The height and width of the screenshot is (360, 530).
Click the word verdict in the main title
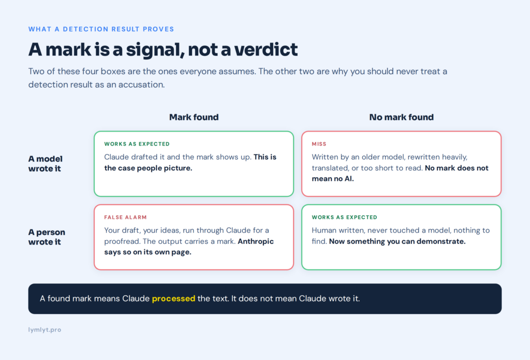point(266,49)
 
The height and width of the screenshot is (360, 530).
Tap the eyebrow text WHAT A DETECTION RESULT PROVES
point(101,29)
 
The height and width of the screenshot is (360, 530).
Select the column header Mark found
point(194,117)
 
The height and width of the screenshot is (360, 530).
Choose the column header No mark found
point(401,117)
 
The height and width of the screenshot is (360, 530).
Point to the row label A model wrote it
point(46,164)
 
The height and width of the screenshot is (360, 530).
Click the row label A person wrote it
point(47,237)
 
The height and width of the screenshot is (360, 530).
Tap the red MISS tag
point(319,144)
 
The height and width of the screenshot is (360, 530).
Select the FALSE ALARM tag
point(125,217)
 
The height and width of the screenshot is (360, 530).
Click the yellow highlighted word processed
point(173,298)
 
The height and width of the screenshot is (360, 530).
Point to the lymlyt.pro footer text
point(45,329)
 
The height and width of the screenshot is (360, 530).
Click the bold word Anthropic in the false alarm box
point(256,241)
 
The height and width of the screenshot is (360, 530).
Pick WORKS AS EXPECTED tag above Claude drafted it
point(137,144)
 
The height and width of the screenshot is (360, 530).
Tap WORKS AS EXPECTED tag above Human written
point(344,217)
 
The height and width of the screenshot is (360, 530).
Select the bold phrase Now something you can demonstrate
point(397,241)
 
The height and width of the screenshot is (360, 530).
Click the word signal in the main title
point(155,50)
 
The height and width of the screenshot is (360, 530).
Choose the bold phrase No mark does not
point(457,168)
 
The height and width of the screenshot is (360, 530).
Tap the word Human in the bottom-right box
point(322,231)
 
